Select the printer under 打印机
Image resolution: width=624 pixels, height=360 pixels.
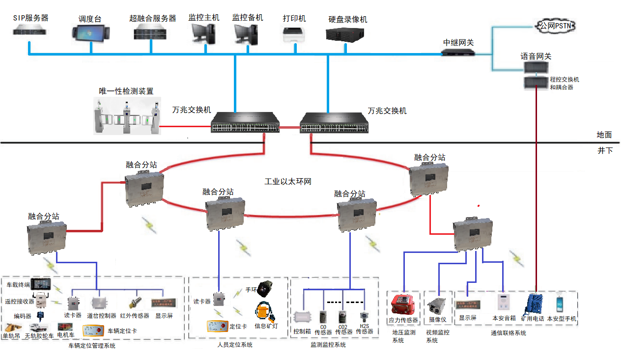(x=295, y=34)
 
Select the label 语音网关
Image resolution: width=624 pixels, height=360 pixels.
(x=536, y=56)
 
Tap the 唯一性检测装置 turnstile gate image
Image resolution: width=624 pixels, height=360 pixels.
(x=127, y=117)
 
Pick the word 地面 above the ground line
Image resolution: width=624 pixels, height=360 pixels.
(x=604, y=135)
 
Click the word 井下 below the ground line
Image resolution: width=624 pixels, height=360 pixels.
(x=605, y=151)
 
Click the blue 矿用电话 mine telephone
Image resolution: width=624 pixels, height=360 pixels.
(x=534, y=304)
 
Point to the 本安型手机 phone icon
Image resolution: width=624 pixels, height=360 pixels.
(x=560, y=304)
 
